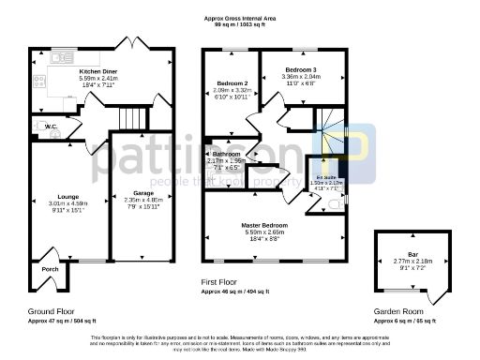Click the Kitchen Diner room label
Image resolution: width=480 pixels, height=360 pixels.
(x=97, y=71)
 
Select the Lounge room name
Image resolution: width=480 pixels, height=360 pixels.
(x=54, y=196)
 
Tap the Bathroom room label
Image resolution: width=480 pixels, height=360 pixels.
(x=226, y=153)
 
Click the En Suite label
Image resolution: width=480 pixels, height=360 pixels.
(x=326, y=175)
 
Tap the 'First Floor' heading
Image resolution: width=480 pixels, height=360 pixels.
(x=221, y=281)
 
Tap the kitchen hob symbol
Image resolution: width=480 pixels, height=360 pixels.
(x=38, y=82)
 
